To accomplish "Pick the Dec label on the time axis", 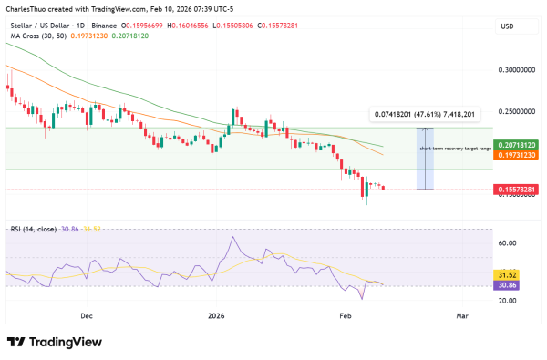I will [87, 315].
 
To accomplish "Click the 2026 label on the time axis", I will [215, 315].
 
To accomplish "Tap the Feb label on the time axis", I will [345, 315].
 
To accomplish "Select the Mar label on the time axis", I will [461, 315].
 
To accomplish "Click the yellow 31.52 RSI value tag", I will [507, 274].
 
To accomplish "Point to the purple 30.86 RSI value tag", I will [507, 285].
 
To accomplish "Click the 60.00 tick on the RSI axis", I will [508, 243].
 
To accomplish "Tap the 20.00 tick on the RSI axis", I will [508, 300].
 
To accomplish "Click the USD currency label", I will [507, 26].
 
